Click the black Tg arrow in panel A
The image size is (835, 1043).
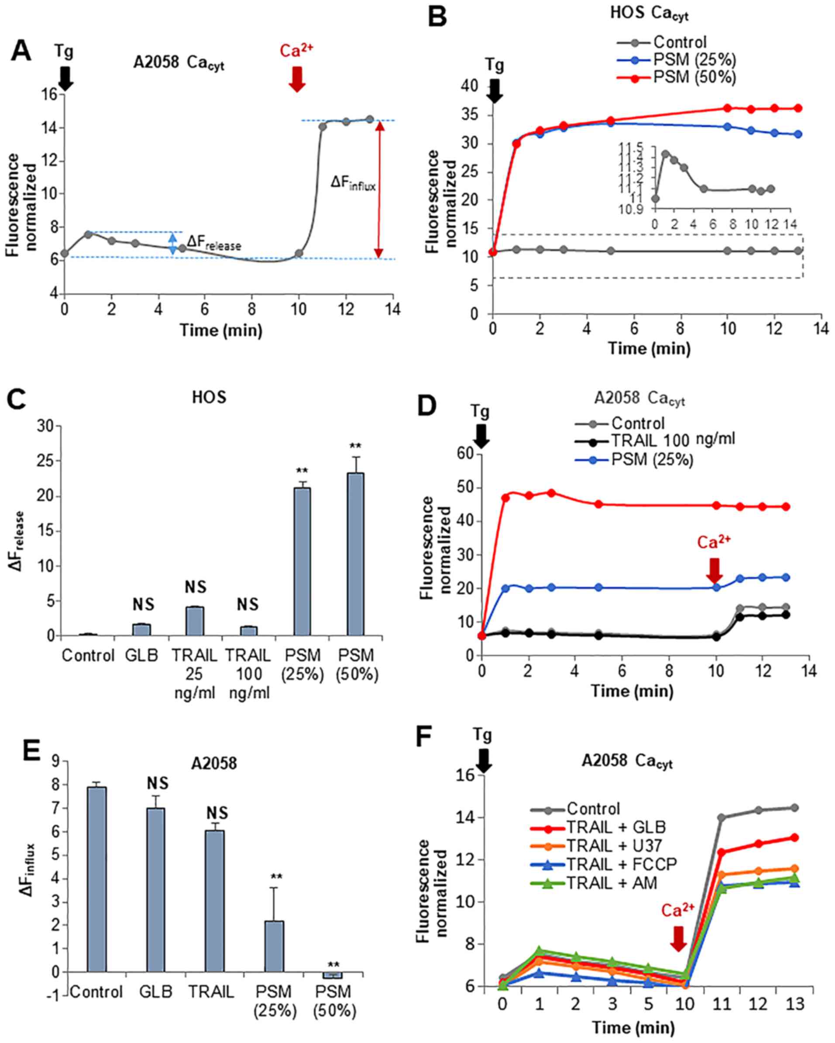point(65,78)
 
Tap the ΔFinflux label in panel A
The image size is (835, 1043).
point(353,183)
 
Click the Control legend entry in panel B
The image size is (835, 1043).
point(679,42)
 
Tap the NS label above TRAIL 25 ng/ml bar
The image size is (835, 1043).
point(196,587)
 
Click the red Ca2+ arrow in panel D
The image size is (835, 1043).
point(714,570)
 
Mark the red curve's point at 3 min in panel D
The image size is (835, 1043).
point(551,493)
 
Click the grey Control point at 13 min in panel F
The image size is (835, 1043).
point(794,807)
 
